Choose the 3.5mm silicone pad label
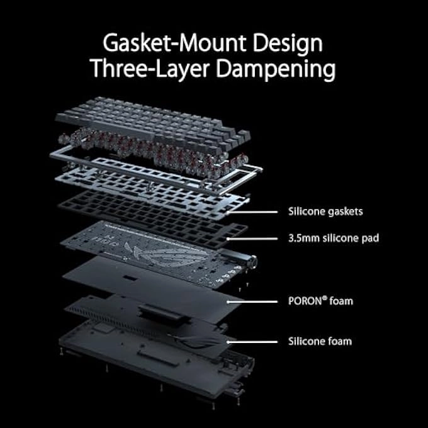click(x=332, y=239)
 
